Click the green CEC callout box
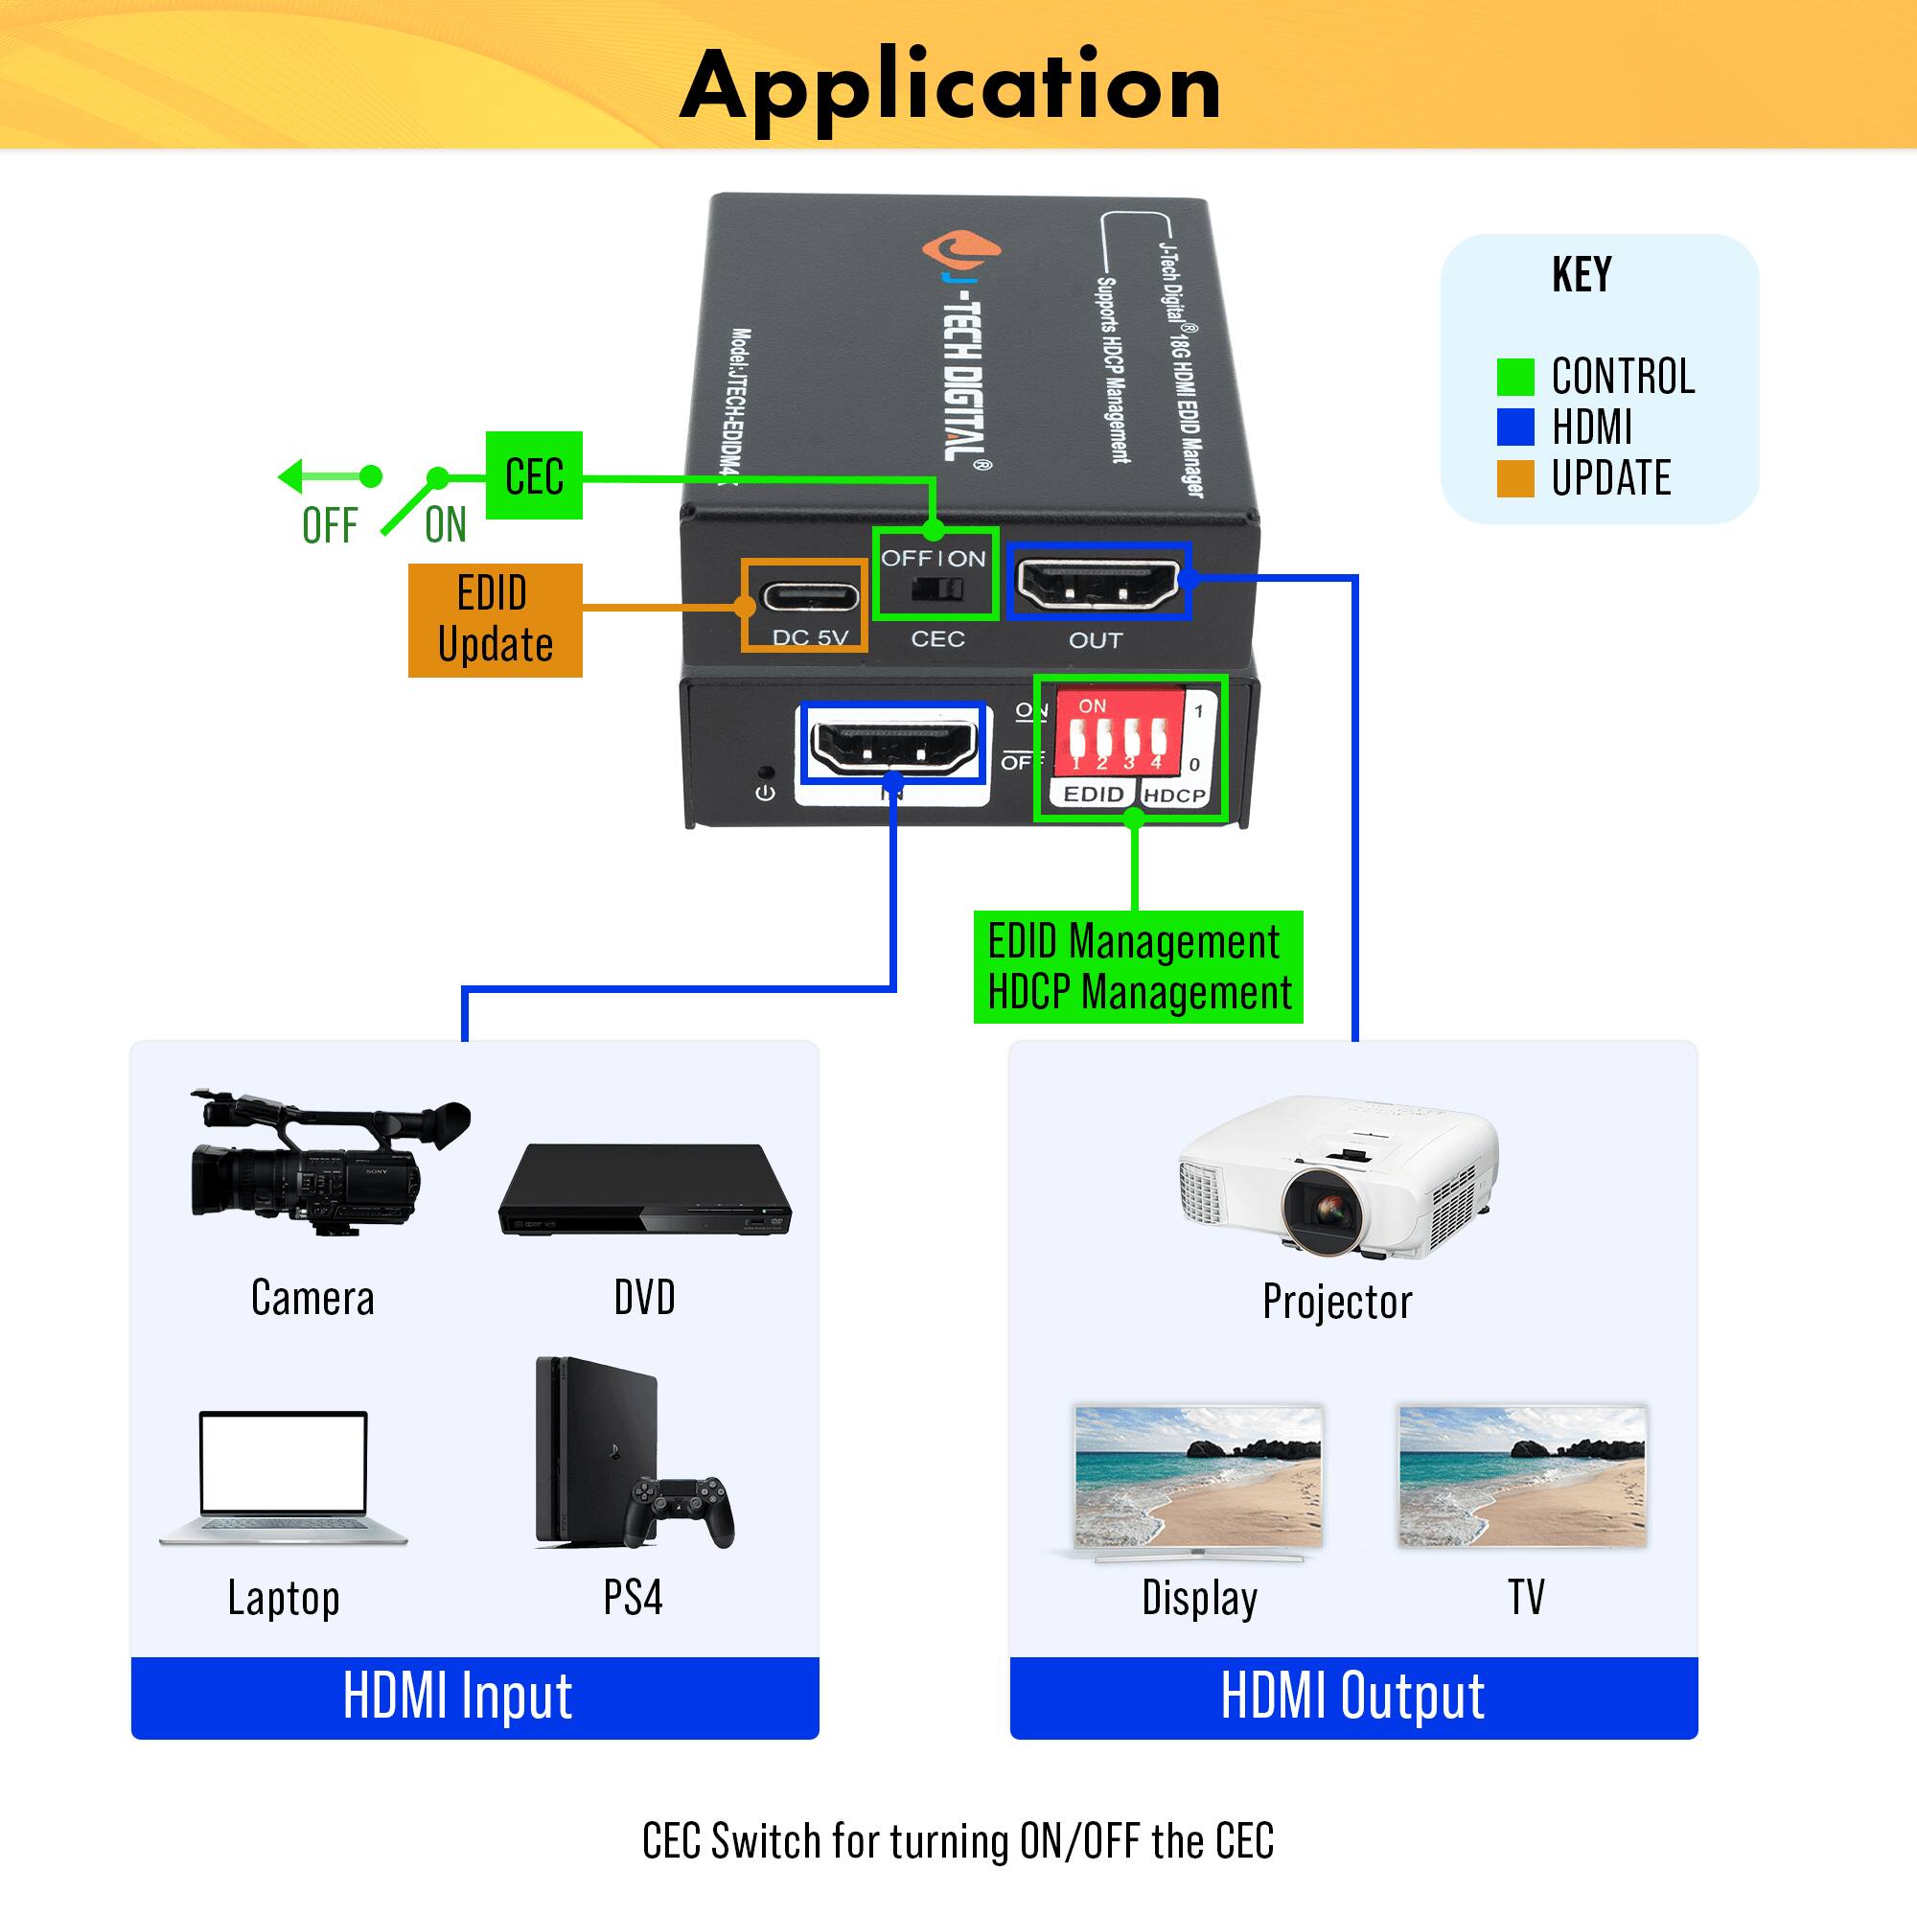point(534,475)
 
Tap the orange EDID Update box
point(496,620)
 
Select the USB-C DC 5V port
point(809,598)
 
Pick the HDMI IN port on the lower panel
point(893,742)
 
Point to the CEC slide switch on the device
point(936,589)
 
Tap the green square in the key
point(1515,377)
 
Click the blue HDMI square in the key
point(1515,427)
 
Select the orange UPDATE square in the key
point(1515,478)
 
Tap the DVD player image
point(645,1190)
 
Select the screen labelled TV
point(1522,1475)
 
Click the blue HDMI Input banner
point(474,1697)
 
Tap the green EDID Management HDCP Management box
point(1138,966)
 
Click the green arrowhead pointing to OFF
point(289,476)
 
